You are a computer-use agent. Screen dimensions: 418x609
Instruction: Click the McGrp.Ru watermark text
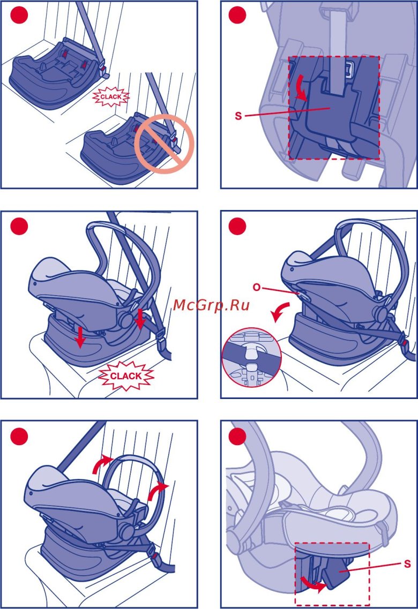(x=211, y=305)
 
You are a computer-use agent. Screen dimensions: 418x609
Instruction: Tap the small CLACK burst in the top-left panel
(x=111, y=97)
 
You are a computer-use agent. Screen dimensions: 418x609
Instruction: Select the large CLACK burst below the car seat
(x=126, y=375)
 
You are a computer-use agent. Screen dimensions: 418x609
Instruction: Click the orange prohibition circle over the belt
(x=164, y=144)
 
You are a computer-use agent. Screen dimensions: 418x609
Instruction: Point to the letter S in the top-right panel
(x=238, y=116)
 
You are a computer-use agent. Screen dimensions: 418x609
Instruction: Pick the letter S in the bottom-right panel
(x=407, y=563)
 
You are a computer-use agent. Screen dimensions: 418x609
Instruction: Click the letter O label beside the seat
(x=257, y=288)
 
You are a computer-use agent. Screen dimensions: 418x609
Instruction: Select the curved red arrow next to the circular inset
(x=281, y=312)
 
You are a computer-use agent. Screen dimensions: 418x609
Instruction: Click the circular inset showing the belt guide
(x=251, y=357)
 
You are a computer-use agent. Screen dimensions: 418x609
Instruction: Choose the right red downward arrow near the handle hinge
(x=140, y=319)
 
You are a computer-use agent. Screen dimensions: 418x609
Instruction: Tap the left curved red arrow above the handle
(x=102, y=463)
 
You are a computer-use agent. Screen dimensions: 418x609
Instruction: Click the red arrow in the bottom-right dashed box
(x=313, y=585)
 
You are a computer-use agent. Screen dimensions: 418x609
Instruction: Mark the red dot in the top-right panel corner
(x=237, y=15)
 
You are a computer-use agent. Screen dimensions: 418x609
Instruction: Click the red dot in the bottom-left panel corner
(x=19, y=437)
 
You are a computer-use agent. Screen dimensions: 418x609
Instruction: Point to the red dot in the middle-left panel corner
(x=19, y=226)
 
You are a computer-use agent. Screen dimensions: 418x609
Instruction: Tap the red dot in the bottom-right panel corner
(x=237, y=437)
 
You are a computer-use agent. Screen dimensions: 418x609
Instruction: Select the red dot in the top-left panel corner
(x=19, y=15)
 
